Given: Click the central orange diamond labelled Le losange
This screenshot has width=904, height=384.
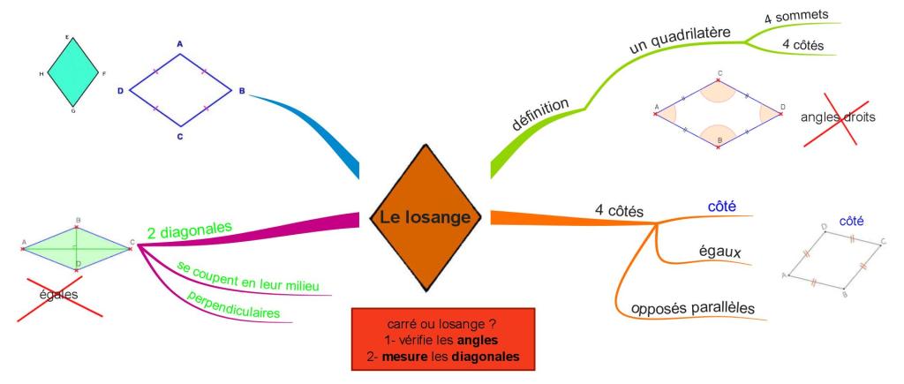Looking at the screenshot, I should coord(425,217).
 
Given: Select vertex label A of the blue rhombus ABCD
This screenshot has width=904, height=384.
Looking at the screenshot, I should coord(179,44).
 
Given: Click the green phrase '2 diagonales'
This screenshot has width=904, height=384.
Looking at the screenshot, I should coord(189,230).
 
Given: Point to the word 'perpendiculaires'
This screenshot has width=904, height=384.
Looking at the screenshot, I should coord(233,305).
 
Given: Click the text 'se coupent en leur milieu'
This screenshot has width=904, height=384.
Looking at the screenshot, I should coord(247,276).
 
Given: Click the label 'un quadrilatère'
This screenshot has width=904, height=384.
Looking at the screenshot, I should coord(680,41).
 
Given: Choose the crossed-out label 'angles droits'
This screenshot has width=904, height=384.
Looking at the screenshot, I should coord(838,117).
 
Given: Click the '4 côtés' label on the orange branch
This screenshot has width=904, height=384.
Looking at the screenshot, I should coord(619,212).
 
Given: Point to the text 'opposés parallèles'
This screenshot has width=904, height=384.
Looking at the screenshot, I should coord(692,309).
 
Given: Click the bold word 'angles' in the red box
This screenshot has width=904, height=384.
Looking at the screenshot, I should coord(479,340).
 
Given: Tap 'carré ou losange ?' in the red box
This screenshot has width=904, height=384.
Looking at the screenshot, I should coord(441,323).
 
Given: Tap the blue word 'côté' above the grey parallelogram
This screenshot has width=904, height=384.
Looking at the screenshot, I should coord(851,221).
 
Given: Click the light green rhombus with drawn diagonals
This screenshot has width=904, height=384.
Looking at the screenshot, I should coord(77,246).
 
